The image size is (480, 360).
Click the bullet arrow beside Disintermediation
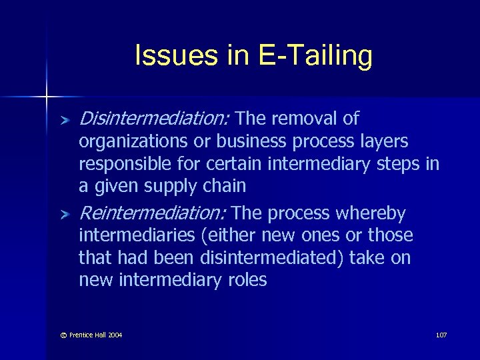click(x=64, y=120)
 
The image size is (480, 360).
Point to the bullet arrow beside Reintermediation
click(x=64, y=215)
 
